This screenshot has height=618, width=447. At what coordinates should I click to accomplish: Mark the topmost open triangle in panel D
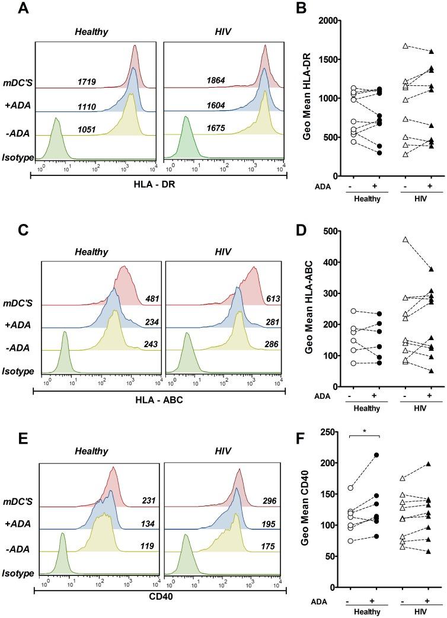coord(405,240)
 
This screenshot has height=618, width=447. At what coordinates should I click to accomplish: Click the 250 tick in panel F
coord(330,432)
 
